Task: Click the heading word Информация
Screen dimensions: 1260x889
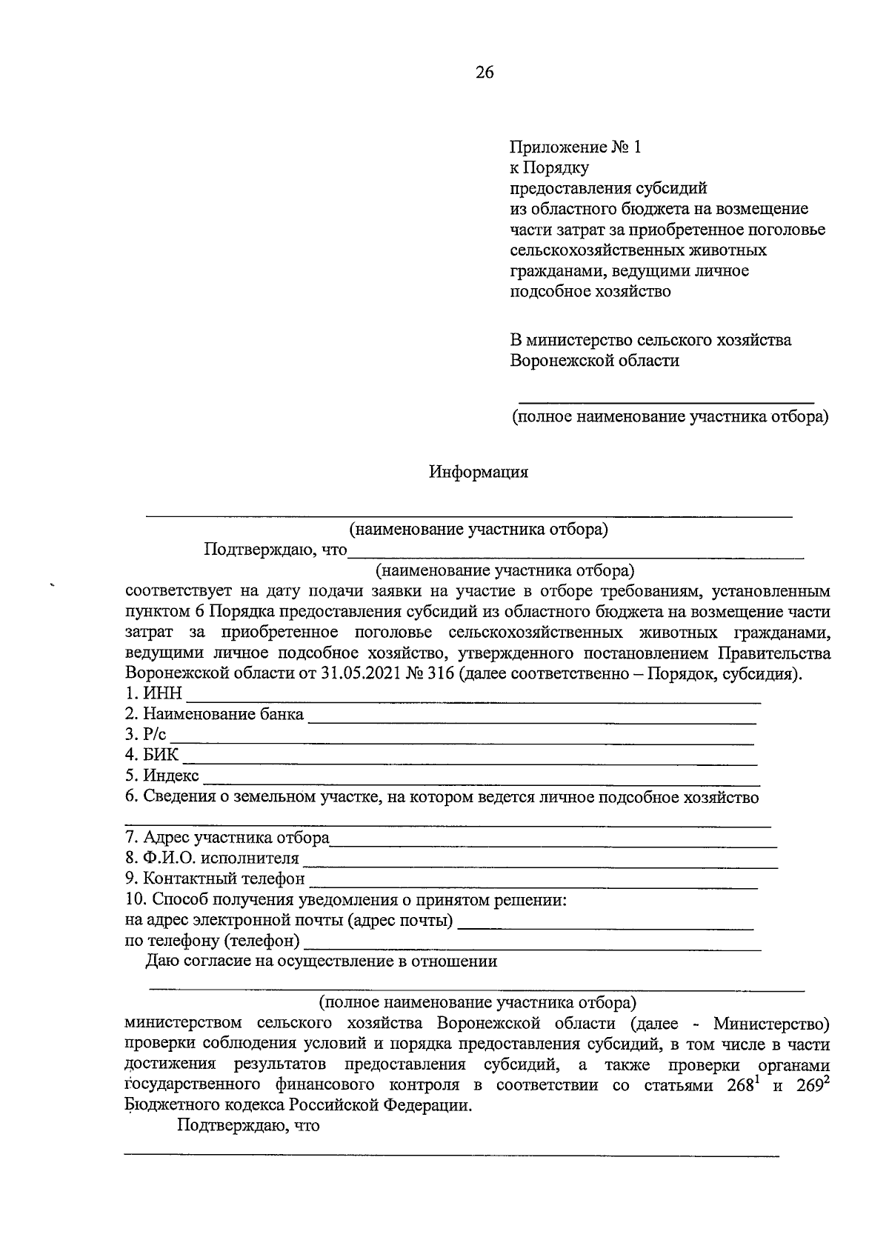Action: tap(479, 472)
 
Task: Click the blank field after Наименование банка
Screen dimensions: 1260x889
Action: tap(531, 716)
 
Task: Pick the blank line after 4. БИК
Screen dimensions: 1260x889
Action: tap(469, 756)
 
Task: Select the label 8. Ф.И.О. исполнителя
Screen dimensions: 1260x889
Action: tap(212, 859)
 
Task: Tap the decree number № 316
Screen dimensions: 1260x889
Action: tap(424, 675)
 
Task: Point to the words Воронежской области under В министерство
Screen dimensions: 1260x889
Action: tap(594, 361)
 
